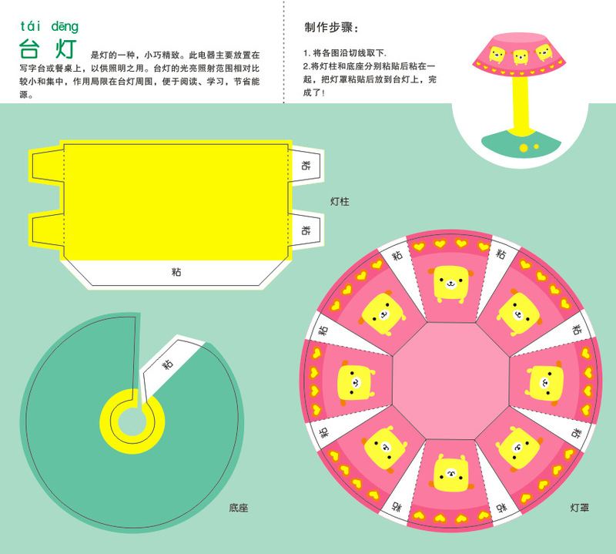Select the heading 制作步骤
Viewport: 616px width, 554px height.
coord(331,29)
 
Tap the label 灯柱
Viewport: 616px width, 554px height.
coord(340,201)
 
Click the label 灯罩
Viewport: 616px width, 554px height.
coord(580,508)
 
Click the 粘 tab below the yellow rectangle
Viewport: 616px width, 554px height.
coord(176,271)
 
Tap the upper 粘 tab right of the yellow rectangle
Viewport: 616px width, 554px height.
coord(306,165)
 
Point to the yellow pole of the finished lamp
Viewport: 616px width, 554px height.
coord(521,104)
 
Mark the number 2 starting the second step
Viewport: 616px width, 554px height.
coord(306,67)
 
